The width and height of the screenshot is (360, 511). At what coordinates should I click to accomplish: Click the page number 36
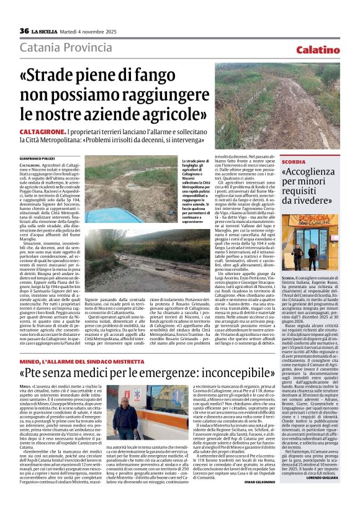pyautogui.click(x=24, y=31)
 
